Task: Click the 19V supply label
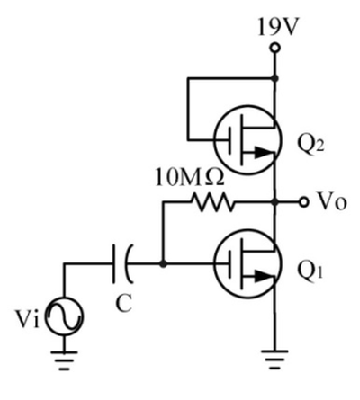pyautogui.click(x=278, y=27)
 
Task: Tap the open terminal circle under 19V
pyautogui.click(x=274, y=48)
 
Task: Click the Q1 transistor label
pyautogui.click(x=310, y=271)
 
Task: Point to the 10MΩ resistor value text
pyautogui.click(x=190, y=178)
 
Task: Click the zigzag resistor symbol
pyautogui.click(x=213, y=202)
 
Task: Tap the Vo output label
pyautogui.click(x=332, y=202)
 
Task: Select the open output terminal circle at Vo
pyautogui.click(x=304, y=202)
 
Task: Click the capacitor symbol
pyautogui.click(x=123, y=263)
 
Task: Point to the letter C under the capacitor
pyautogui.click(x=123, y=303)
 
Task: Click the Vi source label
pyautogui.click(x=28, y=318)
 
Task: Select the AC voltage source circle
pyautogui.click(x=64, y=316)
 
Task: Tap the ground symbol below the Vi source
pyautogui.click(x=64, y=360)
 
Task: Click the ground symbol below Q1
pyautogui.click(x=274, y=360)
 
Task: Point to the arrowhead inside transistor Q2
pyautogui.click(x=264, y=153)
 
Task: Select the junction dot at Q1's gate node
pyautogui.click(x=163, y=264)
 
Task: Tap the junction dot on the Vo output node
pyautogui.click(x=274, y=202)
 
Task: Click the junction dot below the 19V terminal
pyautogui.click(x=274, y=78)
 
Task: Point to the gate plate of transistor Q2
pyautogui.click(x=230, y=140)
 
